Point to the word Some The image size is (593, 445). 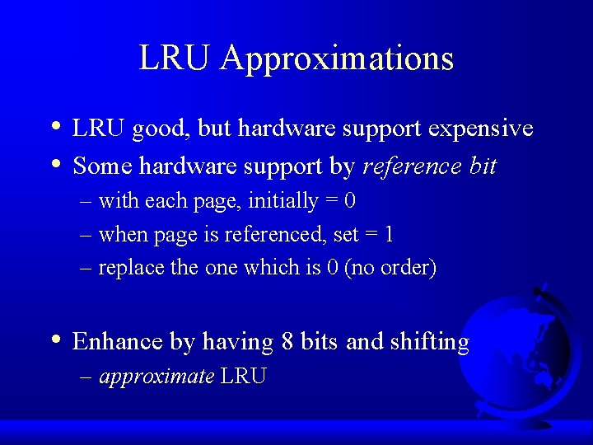pos(103,166)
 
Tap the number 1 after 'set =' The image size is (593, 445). pos(389,235)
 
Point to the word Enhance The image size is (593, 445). pos(119,341)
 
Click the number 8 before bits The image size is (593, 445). pos(287,341)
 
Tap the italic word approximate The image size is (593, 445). pos(156,377)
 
